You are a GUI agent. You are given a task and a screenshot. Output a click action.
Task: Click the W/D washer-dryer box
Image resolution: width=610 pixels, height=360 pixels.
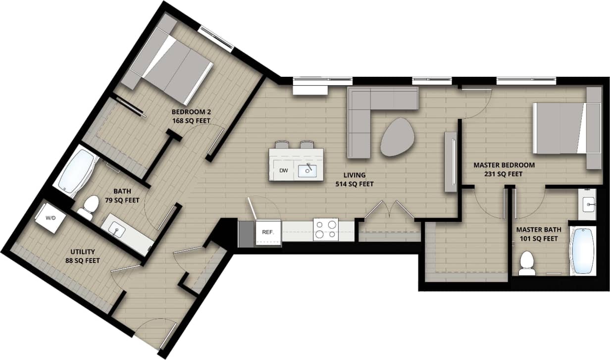point(50,218)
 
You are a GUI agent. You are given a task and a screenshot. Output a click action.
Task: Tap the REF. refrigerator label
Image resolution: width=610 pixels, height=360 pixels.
point(268,232)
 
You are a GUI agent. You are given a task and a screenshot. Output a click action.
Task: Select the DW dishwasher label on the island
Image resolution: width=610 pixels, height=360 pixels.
point(283,171)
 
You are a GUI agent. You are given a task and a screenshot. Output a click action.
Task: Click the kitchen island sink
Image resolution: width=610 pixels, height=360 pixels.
point(307,171)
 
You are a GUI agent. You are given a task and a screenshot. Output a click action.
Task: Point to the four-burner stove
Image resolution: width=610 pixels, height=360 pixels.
point(326,230)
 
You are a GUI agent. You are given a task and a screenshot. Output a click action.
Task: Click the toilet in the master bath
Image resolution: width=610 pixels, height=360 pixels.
point(526,264)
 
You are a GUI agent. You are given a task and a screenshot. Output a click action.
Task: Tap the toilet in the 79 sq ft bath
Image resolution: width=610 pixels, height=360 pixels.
point(88,207)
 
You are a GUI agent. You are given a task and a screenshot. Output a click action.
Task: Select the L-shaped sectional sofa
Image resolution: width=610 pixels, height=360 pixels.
point(369,114)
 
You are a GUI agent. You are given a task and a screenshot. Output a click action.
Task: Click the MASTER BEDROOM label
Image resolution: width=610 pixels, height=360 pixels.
point(504,165)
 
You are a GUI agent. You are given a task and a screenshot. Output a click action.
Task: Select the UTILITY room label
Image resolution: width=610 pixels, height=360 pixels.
point(82,252)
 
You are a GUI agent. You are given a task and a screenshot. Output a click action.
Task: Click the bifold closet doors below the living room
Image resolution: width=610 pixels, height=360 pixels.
point(389,210)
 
